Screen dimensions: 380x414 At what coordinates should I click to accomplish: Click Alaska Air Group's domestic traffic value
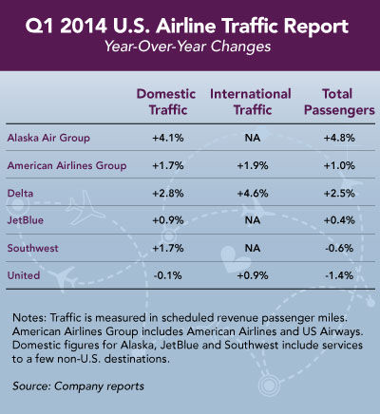168,138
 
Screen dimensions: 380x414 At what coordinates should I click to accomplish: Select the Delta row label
20,193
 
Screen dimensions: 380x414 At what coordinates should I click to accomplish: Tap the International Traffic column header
251,102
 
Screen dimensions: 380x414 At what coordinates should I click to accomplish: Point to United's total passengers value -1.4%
339,275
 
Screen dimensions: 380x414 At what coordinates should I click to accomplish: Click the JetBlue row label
26,220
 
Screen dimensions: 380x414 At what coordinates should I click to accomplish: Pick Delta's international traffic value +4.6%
253,193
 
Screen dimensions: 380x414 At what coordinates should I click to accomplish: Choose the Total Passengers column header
339,102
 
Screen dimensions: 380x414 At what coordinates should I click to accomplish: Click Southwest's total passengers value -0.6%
339,248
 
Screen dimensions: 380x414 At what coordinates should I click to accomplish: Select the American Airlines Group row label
66,166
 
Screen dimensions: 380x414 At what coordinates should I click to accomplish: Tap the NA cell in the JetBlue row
253,220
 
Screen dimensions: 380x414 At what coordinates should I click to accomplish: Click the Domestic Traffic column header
166,102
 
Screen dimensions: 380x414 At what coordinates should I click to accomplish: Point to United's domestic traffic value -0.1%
168,275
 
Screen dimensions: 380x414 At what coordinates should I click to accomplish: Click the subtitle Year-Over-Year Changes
188,47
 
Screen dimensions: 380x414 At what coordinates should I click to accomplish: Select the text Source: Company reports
78,386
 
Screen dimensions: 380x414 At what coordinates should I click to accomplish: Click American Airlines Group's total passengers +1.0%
339,166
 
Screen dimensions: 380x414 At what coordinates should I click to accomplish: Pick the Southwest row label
33,248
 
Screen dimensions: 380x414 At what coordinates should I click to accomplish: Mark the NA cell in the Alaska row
253,138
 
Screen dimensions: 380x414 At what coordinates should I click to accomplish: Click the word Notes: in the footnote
30,317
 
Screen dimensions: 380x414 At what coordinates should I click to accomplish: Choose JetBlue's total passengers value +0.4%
339,220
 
